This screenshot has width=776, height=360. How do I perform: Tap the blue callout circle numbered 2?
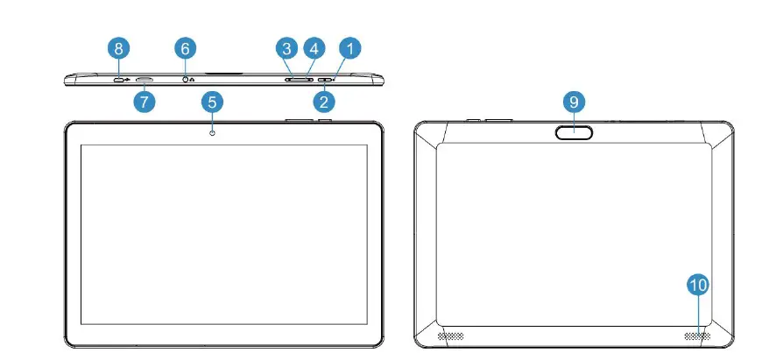[324, 102]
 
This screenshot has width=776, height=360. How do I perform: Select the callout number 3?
[286, 49]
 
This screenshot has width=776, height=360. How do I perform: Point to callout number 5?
[211, 102]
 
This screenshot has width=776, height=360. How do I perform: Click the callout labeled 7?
[145, 102]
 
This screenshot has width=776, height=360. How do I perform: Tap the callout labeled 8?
[119, 48]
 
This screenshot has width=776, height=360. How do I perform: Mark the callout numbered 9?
[575, 102]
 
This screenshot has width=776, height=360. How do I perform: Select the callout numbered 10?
[698, 285]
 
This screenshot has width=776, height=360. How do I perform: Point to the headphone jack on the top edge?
[185, 80]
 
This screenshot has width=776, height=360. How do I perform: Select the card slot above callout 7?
[145, 81]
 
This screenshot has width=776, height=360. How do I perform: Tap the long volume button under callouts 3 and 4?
[300, 80]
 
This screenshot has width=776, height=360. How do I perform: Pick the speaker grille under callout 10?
[698, 336]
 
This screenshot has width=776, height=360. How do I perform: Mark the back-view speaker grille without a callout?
[449, 336]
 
